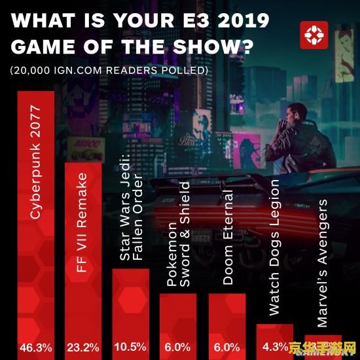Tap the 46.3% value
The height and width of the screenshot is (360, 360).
[36, 347]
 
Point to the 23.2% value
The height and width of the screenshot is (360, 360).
[83, 347]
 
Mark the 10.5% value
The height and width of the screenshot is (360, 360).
[131, 347]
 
